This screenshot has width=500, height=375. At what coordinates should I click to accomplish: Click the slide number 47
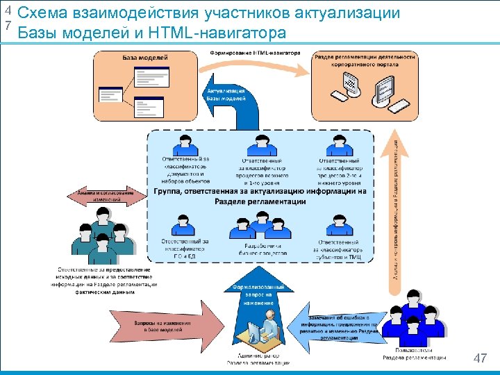(x=479, y=358)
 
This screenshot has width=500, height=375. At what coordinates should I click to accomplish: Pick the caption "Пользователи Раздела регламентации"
(x=415, y=354)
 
